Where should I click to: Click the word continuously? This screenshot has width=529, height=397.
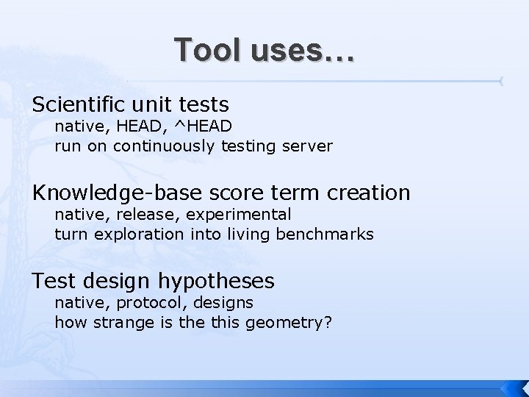(x=160, y=146)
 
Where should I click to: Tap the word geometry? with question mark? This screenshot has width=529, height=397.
(x=294, y=323)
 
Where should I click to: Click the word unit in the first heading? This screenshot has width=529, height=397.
(x=150, y=104)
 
